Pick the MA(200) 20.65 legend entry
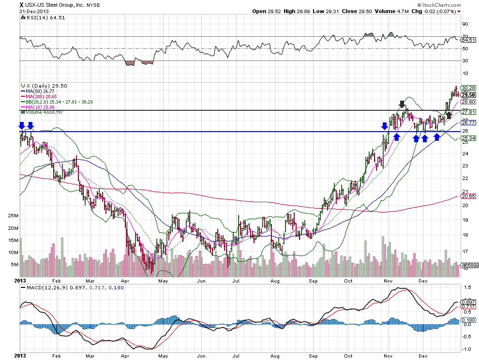[x=39, y=96]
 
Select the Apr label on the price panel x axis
[x=125, y=281]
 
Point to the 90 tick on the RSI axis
[x=464, y=24]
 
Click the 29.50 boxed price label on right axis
[x=468, y=95]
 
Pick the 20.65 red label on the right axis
[x=468, y=196]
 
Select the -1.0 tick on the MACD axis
[x=467, y=349]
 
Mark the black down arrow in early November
[x=402, y=104]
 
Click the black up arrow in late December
[x=449, y=115]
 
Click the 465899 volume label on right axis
[x=469, y=266]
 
